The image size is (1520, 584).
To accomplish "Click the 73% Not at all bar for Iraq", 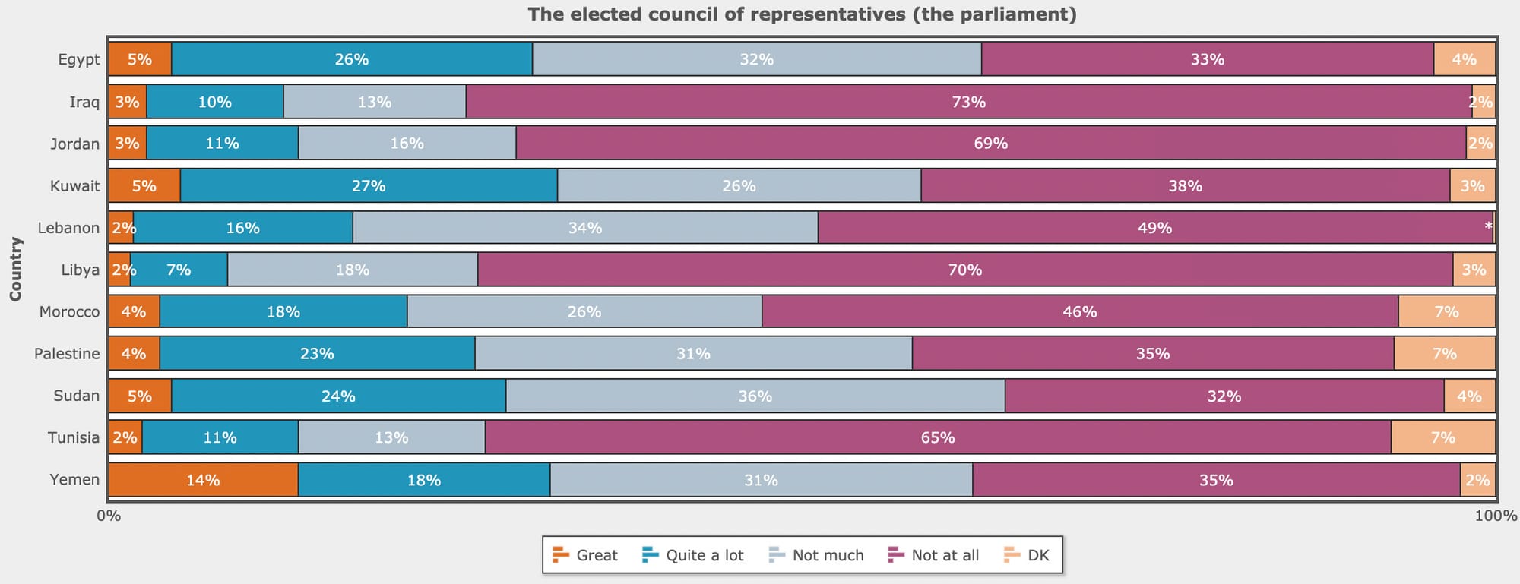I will [x=969, y=102].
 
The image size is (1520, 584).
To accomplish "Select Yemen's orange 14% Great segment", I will [x=203, y=480].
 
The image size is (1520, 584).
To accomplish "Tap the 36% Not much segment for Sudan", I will [x=755, y=396].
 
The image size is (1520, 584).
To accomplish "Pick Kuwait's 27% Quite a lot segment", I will [x=369, y=186].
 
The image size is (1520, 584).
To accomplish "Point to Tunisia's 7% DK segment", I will [x=1442, y=437].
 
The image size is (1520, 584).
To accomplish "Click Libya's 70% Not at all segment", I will [x=965, y=270].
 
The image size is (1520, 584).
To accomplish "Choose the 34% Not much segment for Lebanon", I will [x=585, y=228].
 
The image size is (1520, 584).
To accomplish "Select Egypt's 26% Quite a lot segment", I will [x=352, y=59].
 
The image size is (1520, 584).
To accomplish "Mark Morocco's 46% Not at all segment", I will [x=1080, y=312].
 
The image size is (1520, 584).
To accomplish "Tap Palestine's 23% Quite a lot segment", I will [x=317, y=354].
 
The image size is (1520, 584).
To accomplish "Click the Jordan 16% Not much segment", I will [x=407, y=144].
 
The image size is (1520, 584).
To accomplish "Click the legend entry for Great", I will [x=586, y=555].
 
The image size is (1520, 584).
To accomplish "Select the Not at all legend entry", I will [x=934, y=555].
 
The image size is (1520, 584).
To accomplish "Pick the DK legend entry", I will [x=1027, y=555].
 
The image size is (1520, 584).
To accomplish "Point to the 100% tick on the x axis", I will [x=1495, y=516].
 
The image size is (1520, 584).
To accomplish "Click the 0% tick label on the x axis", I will [x=109, y=516].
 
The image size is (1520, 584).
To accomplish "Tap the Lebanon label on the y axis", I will [x=68, y=228].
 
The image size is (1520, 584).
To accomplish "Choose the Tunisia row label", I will [x=74, y=437].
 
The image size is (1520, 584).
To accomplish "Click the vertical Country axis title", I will [x=16, y=269].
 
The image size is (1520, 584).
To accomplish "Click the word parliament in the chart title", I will [x=1028, y=14].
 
